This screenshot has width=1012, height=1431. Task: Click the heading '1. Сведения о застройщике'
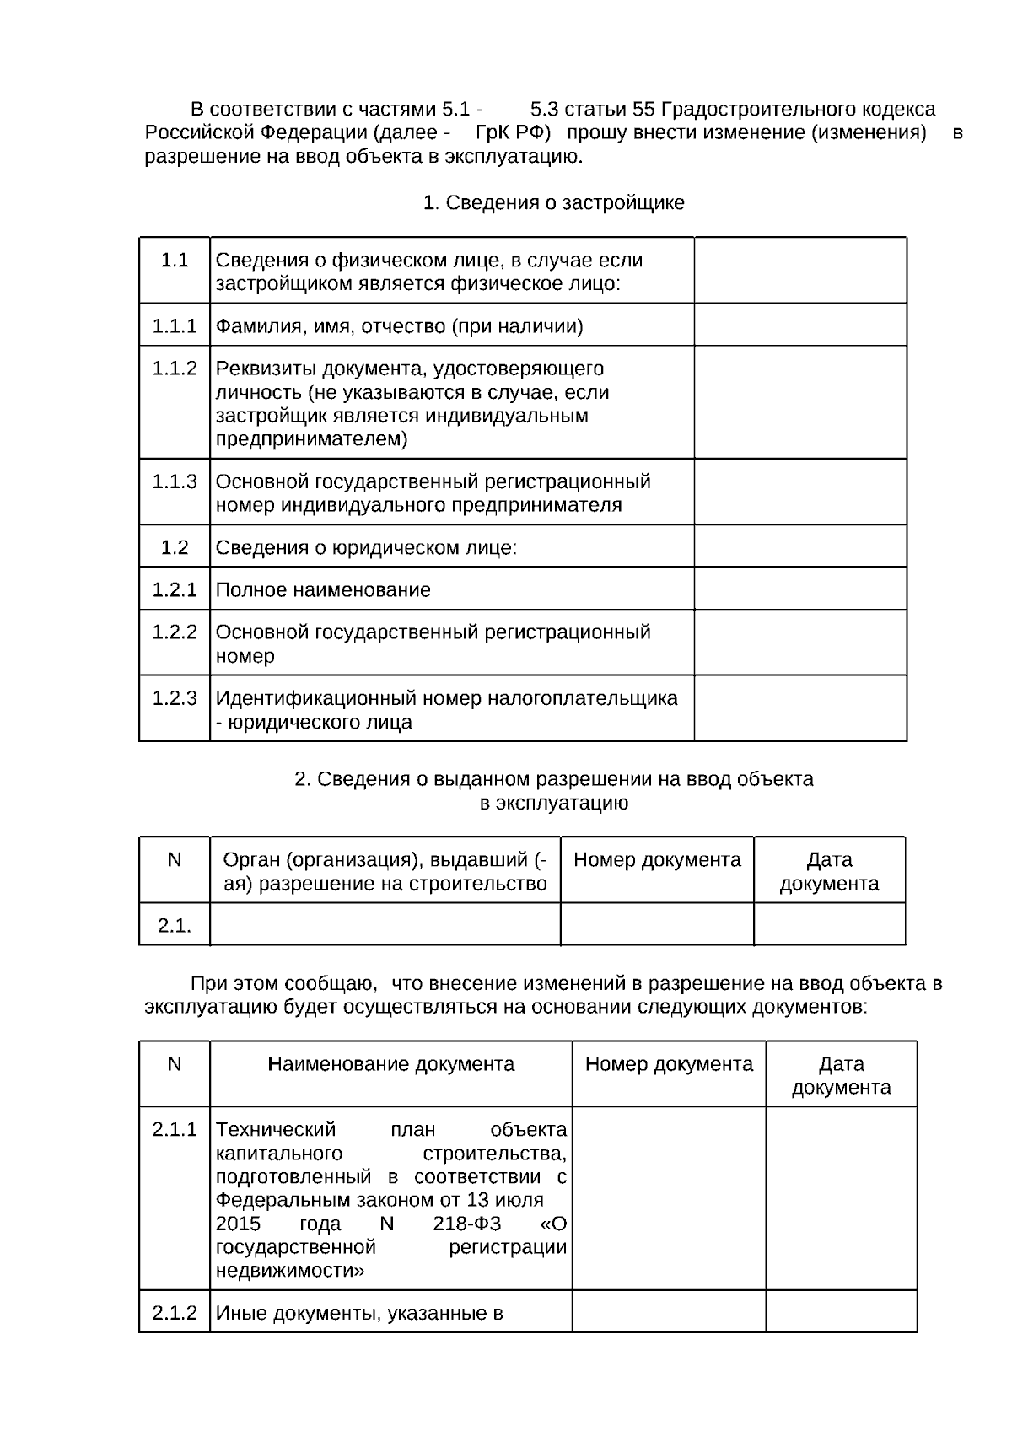pos(553,203)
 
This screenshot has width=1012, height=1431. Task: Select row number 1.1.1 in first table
pos(175,326)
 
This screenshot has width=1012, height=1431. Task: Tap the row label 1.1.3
pos(175,481)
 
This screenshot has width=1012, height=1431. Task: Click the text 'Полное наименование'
pos(323,590)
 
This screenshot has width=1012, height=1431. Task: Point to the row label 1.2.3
pos(175,698)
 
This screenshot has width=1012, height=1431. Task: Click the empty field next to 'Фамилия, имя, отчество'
pos(799,325)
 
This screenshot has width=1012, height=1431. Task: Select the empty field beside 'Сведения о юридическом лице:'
pos(799,547)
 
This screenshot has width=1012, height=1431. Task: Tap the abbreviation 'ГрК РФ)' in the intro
pos(513,133)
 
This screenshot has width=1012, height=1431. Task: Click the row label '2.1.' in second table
pos(175,926)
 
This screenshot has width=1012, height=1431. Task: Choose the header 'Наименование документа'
pos(391,1064)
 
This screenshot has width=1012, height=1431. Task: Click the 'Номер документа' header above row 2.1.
pos(657,860)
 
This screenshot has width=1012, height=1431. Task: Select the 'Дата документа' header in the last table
pos(841,1075)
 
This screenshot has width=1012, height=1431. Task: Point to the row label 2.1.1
pos(175,1129)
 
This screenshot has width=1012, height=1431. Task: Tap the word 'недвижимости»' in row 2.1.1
pos(290,1272)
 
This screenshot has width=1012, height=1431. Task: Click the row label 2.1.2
pos(175,1313)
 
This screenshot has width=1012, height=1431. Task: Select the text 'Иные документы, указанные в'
pos(359,1314)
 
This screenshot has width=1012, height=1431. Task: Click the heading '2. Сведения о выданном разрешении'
pos(553,780)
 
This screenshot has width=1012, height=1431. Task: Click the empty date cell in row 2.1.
pos(829,925)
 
